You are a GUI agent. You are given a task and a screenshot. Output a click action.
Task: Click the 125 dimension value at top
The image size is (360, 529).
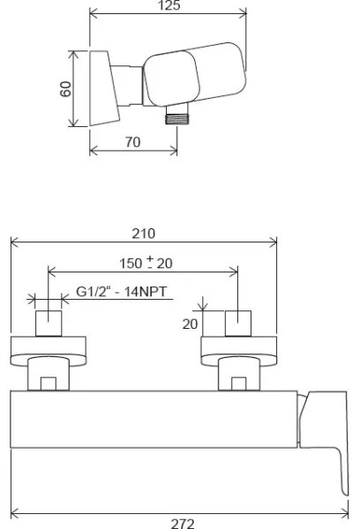click(x=168, y=6)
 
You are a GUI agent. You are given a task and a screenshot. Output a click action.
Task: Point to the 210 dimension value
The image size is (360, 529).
click(x=143, y=234)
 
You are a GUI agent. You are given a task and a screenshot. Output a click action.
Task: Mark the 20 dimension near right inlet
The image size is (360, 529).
click(x=191, y=323)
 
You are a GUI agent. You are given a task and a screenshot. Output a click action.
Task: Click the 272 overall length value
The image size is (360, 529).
click(x=182, y=523)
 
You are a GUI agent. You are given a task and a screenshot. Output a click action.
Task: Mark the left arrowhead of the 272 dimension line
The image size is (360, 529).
click(x=13, y=512)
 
